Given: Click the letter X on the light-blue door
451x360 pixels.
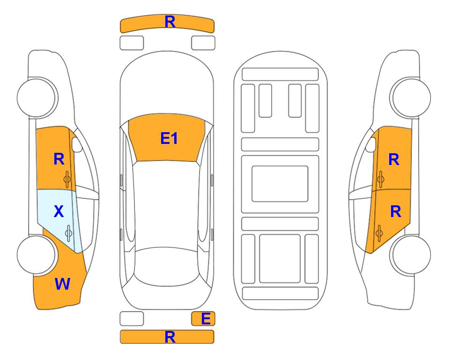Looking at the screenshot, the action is pyautogui.click(x=59, y=211).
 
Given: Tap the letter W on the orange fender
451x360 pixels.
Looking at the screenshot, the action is pyautogui.click(x=62, y=284).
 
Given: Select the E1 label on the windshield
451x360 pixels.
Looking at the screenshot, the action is pyautogui.click(x=169, y=138).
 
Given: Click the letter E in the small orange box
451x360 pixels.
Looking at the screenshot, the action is pyautogui.click(x=206, y=319).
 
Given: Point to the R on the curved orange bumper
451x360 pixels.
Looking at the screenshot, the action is pyautogui.click(x=170, y=22).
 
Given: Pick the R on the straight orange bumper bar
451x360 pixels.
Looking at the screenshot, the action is pyautogui.click(x=170, y=337).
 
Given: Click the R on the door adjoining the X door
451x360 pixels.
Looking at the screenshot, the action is pyautogui.click(x=59, y=159).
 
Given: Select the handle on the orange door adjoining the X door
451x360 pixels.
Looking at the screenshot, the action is pyautogui.click(x=67, y=179).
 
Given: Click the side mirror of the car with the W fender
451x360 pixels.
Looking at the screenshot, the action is pyautogui.click(x=76, y=144).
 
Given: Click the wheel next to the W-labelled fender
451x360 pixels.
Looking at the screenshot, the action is pyautogui.click(x=37, y=255).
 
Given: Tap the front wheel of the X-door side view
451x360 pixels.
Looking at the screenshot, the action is pyautogui.click(x=37, y=97).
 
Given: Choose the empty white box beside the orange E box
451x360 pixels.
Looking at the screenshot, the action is pyautogui.click(x=132, y=319).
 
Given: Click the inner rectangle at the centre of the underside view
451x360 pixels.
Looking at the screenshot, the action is pyautogui.click(x=280, y=184).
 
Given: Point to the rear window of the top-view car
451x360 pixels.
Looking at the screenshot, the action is pyautogui.click(x=167, y=266).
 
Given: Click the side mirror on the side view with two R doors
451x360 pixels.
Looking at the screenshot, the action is pyautogui.click(x=371, y=144).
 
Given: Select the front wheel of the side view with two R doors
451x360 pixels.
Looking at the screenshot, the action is pyautogui.click(x=410, y=97).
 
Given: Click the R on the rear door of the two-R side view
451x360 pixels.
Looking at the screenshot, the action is pyautogui.click(x=396, y=212).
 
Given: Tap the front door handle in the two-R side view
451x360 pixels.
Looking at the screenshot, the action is pyautogui.click(x=380, y=179).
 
